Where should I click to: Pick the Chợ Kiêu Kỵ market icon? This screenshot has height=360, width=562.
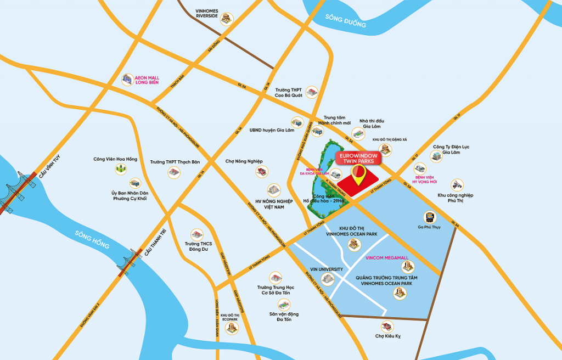tap(388, 327)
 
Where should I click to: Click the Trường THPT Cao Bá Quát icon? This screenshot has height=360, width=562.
tap(311, 92)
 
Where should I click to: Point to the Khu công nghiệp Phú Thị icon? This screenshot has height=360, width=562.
tap(457, 185)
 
